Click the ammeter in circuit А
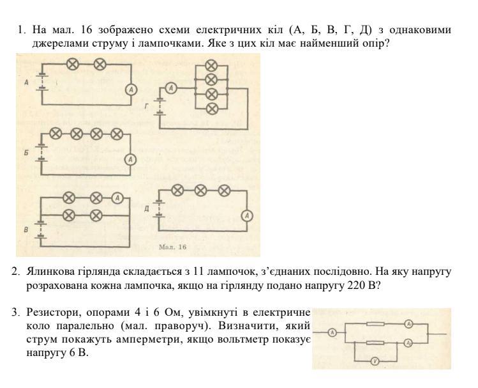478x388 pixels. (x=130, y=90)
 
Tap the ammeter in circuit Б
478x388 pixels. (x=130, y=159)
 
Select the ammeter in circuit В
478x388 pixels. (x=117, y=198)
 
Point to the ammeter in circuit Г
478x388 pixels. (x=171, y=88)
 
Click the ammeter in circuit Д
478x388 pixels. (x=246, y=217)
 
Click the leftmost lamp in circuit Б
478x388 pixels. (x=56, y=133)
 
